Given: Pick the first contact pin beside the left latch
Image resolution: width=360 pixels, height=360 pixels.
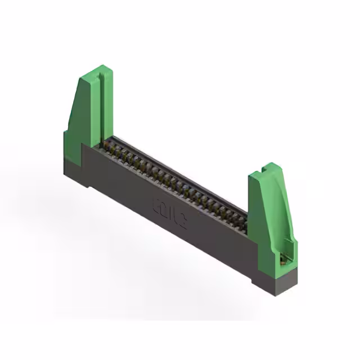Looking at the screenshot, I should (x=106, y=146).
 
